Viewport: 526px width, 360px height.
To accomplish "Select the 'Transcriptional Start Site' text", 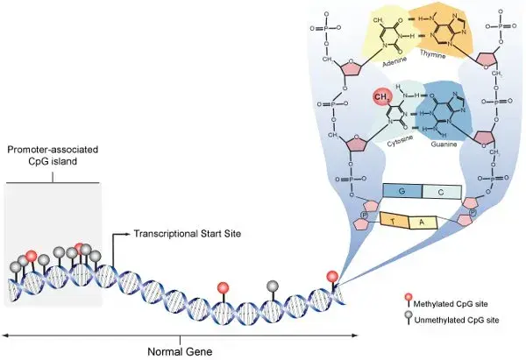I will click(186, 235).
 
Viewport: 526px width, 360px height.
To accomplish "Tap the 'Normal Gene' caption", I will click(180, 350).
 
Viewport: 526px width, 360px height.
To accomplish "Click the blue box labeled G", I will click(402, 191).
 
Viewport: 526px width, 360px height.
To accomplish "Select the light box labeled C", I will click(441, 191).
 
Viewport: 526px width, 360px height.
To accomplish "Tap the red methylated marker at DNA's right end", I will click(331, 277).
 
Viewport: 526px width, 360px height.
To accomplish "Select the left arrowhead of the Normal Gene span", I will click(5, 335).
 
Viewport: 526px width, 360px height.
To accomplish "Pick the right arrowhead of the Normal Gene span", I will click(355, 335).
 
